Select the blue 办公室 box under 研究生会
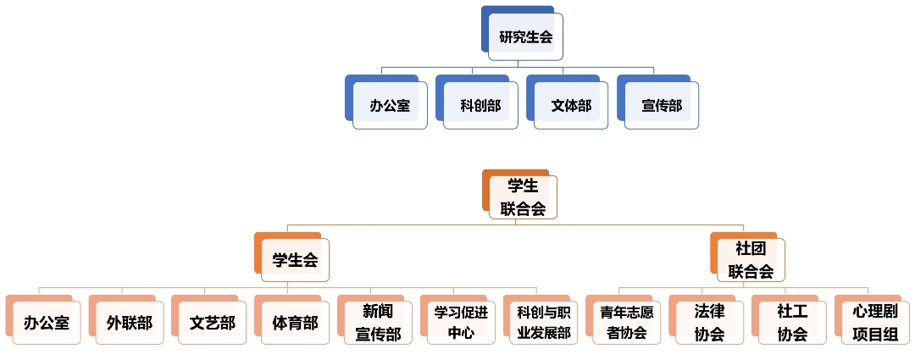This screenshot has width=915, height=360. pos(390,106)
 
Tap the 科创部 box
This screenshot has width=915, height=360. pos(480,106)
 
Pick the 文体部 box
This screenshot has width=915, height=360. pos(571,106)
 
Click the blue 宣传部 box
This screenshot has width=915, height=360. pos(662,106)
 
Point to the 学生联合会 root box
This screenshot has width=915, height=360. pos(523,197)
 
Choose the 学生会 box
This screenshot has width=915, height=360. pos(295,260)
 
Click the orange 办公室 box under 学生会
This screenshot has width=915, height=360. pos(47,323)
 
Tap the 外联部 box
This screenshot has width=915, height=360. pos(130,323)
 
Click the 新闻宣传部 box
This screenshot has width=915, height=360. pos(378,323)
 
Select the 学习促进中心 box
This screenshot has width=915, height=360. pos(461,323)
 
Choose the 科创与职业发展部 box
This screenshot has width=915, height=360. pos(544,323)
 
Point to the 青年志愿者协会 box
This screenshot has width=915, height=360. pos(627,323)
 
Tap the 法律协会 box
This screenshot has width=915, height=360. pos(709,323)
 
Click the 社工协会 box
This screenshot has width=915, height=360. pos(792,323)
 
